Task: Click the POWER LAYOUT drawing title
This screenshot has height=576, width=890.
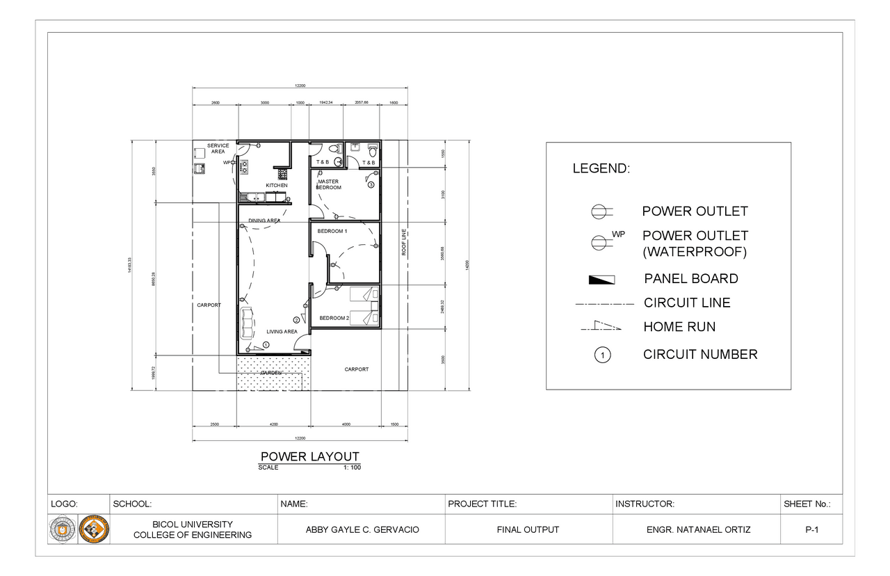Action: coord(309,456)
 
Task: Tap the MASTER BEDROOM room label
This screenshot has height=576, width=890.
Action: coord(328,184)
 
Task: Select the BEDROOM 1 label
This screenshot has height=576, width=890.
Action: coord(332,230)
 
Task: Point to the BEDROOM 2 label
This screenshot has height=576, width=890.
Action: coord(334,318)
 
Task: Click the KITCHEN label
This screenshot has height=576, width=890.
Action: coord(276,186)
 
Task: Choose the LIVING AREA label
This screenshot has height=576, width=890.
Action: coord(282,332)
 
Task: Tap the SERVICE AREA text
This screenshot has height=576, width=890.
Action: coord(218,148)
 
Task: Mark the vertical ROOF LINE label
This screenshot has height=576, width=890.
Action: coord(403,243)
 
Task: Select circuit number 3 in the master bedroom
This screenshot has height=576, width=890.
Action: coord(371,185)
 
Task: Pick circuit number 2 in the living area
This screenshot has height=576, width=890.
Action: coord(296,320)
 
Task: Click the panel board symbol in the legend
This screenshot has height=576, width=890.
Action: coord(601,280)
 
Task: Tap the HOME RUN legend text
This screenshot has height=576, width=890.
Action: coord(679,327)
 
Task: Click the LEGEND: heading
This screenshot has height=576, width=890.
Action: coord(601,168)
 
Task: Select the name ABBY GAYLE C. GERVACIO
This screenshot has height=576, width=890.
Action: coord(362,530)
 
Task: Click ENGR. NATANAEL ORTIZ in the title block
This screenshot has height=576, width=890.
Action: coord(698,530)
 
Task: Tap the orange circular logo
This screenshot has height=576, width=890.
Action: coord(94,529)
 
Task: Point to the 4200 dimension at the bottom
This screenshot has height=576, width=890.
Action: coord(273,424)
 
